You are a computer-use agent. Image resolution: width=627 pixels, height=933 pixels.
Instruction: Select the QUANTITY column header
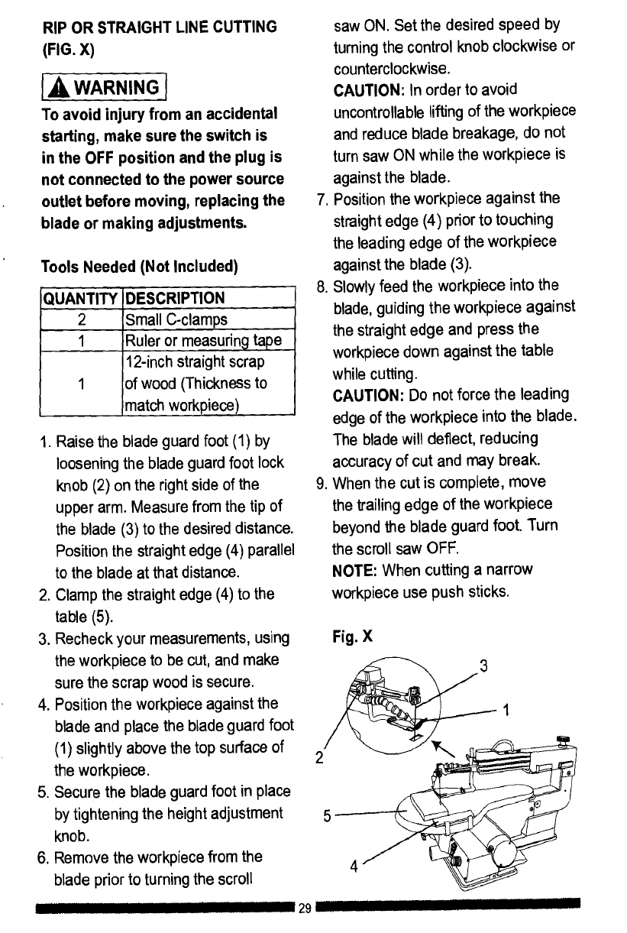pos(81,297)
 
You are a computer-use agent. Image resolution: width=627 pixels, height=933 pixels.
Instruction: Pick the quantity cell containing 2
pos(81,318)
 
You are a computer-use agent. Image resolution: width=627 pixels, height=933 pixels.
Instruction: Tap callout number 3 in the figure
pos(482,663)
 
